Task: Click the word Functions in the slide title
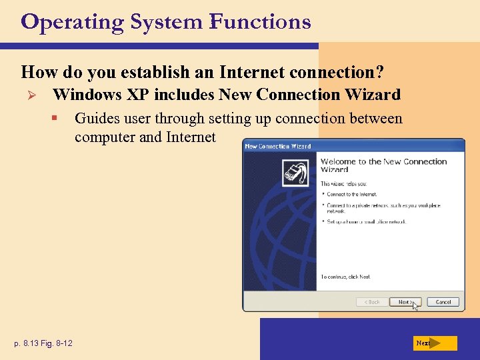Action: [260, 22]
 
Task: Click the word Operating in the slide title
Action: [73, 22]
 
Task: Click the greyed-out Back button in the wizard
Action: [372, 302]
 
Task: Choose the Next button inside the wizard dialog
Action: [405, 302]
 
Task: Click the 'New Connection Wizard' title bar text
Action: [278, 146]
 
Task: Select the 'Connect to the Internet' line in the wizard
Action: [352, 195]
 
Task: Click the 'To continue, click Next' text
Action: [346, 277]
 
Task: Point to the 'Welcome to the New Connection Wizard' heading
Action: [383, 165]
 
